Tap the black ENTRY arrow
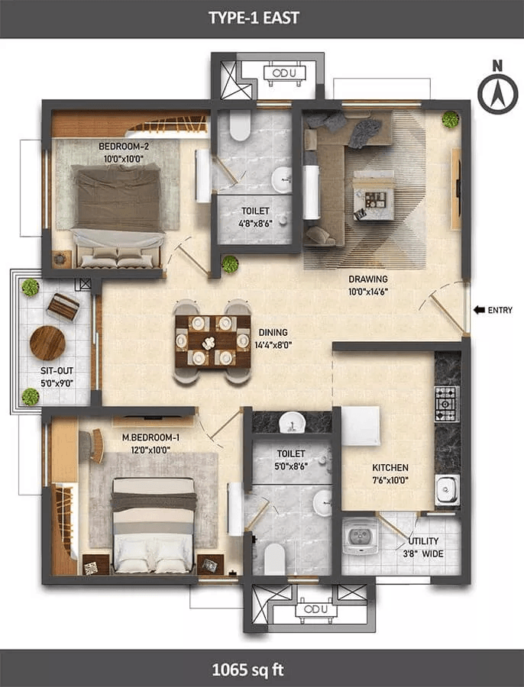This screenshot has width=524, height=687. click(479, 310)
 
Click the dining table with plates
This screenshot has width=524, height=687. click(213, 341)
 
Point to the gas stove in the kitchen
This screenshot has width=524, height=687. click(447, 404)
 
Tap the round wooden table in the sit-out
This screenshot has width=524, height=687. click(47, 343)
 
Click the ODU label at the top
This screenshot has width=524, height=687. click(283, 73)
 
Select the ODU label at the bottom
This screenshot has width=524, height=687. click(315, 609)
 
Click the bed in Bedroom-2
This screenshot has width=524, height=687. click(117, 215)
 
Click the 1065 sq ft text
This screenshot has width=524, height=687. click(247, 670)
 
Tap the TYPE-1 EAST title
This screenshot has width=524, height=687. click(254, 18)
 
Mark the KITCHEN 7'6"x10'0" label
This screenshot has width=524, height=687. click(390, 473)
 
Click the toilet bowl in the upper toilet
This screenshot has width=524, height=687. click(240, 125)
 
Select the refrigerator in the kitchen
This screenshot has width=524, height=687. click(361, 426)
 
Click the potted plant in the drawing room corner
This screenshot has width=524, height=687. click(451, 119)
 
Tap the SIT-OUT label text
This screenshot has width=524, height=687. click(57, 371)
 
